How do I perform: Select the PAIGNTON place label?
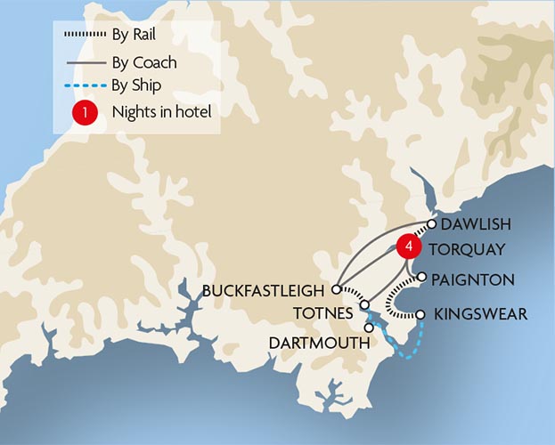tap(472, 279)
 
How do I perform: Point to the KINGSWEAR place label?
tap(480, 314)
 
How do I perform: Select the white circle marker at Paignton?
tap(422, 277)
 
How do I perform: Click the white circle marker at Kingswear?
tap(420, 313)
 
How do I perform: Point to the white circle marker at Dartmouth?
tap(368, 328)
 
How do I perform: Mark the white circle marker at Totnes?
tap(364, 305)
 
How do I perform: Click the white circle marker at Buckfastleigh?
tap(336, 289)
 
